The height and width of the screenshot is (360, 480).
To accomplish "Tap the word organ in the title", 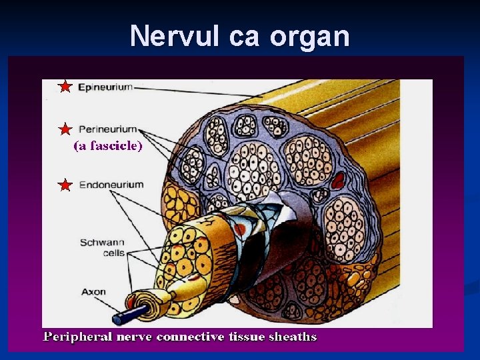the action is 310,37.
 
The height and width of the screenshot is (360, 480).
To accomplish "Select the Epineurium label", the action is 105,87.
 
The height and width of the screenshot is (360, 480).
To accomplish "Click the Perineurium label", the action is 108,129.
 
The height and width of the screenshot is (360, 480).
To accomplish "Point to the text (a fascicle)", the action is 107,146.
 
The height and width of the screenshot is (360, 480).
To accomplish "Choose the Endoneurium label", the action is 111,184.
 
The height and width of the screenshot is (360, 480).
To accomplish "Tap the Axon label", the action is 93,291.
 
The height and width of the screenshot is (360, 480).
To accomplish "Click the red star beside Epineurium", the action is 65,87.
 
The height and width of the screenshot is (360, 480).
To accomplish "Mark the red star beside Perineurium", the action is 65,129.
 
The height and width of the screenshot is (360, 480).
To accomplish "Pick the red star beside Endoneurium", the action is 65,185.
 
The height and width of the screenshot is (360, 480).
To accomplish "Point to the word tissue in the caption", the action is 247,337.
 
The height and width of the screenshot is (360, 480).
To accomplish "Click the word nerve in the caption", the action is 136,337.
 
